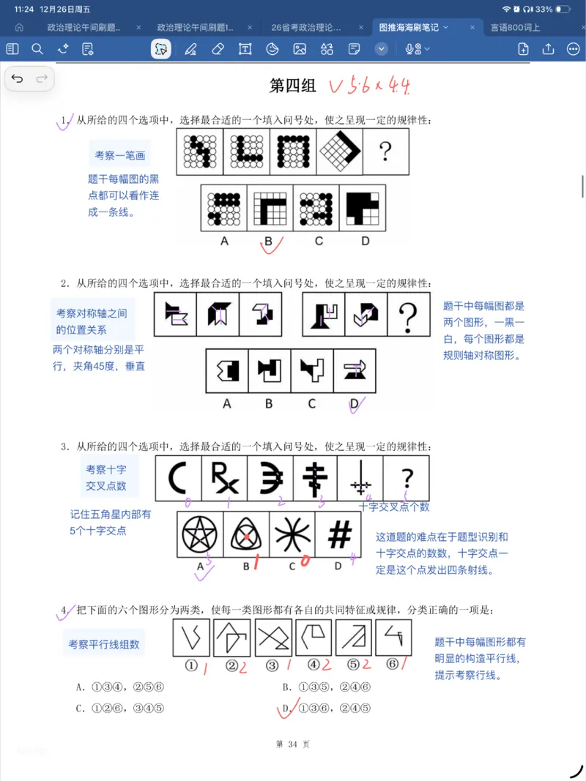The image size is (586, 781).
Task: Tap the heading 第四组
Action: point(293,86)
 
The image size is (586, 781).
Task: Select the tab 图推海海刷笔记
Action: point(409,28)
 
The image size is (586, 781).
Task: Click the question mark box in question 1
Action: point(385,152)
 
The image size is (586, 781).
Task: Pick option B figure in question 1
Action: point(270,207)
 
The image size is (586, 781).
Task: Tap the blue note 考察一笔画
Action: point(120,156)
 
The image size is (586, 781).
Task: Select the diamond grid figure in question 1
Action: point(339,152)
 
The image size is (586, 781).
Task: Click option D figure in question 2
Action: point(355,371)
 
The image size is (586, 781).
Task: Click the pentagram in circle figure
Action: point(201,535)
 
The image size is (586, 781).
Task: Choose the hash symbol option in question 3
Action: point(338,535)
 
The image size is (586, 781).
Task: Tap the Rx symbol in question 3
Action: point(223,479)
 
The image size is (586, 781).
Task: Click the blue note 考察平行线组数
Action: point(104,644)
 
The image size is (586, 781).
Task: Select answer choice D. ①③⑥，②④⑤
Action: point(327,708)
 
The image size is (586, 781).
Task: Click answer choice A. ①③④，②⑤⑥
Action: point(115,687)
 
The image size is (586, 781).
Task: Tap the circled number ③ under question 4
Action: point(272,666)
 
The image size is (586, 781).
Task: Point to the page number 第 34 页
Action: point(292,744)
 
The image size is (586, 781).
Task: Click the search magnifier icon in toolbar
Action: point(37,49)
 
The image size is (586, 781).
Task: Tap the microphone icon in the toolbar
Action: point(412,49)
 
